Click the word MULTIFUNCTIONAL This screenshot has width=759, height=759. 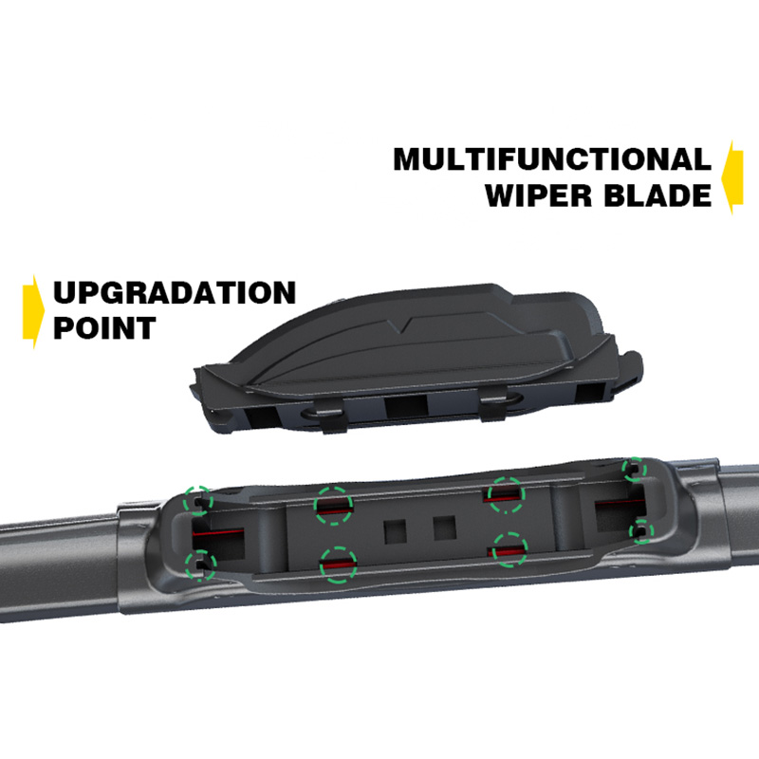[552, 159]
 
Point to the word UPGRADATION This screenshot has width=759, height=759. [175, 292]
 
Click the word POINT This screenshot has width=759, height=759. [104, 327]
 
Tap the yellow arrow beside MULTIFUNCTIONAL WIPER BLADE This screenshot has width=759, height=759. [731, 177]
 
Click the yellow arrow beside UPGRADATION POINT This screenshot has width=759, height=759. [33, 311]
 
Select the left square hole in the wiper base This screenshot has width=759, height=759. [395, 532]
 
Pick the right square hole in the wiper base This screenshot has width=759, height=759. [444, 528]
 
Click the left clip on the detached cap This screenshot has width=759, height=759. [335, 420]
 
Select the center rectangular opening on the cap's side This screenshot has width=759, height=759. [406, 407]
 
